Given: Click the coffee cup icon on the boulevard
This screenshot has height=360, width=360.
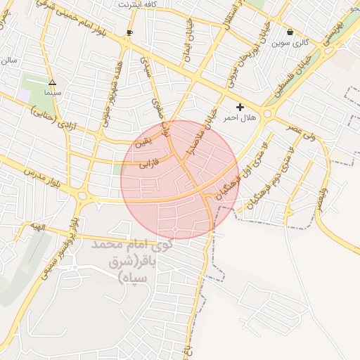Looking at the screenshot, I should (129, 33).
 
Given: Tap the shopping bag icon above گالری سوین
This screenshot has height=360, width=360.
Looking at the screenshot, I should (290, 32).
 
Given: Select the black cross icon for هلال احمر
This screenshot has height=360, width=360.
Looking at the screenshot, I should (240, 107).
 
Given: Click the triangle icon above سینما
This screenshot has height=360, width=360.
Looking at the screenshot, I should (51, 82).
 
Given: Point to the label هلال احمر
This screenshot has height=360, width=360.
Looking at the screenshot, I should (240, 118).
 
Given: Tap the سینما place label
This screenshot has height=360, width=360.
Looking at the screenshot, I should (52, 92).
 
